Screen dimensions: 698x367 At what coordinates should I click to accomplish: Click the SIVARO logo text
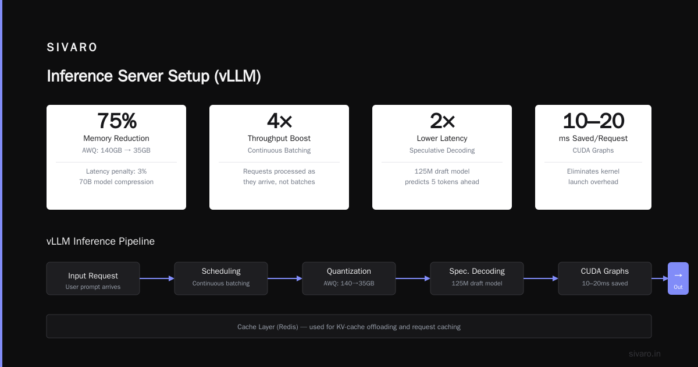pos(72,47)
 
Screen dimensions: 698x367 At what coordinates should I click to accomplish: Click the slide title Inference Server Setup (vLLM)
pos(154,76)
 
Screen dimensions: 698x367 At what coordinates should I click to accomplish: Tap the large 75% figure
pos(116,121)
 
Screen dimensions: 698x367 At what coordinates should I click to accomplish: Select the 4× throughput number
pos(279,121)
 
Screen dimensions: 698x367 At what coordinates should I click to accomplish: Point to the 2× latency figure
pos(442,121)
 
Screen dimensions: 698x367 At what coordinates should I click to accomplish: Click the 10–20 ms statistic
pos(593,121)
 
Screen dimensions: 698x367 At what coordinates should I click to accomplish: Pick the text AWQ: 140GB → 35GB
pos(116,150)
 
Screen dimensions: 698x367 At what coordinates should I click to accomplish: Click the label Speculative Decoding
pos(442,150)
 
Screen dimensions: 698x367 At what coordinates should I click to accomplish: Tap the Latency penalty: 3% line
pos(116,171)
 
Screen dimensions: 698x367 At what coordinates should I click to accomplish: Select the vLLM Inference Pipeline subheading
pos(100,241)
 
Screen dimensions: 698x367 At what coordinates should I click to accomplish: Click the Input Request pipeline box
pos(93,278)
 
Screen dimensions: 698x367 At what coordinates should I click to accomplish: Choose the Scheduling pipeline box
pos(221,278)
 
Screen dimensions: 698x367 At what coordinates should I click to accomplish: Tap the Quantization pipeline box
pos(349,278)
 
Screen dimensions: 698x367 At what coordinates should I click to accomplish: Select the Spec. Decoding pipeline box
pos(477,278)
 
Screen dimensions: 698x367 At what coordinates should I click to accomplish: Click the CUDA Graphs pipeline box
pos(605,278)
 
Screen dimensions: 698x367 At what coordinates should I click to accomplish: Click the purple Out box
pos(678,278)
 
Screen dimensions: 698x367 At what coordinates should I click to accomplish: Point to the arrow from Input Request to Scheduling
pos(157,278)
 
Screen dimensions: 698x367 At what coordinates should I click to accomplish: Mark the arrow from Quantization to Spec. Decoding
pos(413,278)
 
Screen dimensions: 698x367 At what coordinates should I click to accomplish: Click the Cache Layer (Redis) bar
pos(349,326)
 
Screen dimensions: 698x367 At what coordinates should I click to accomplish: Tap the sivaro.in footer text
pos(644,354)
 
